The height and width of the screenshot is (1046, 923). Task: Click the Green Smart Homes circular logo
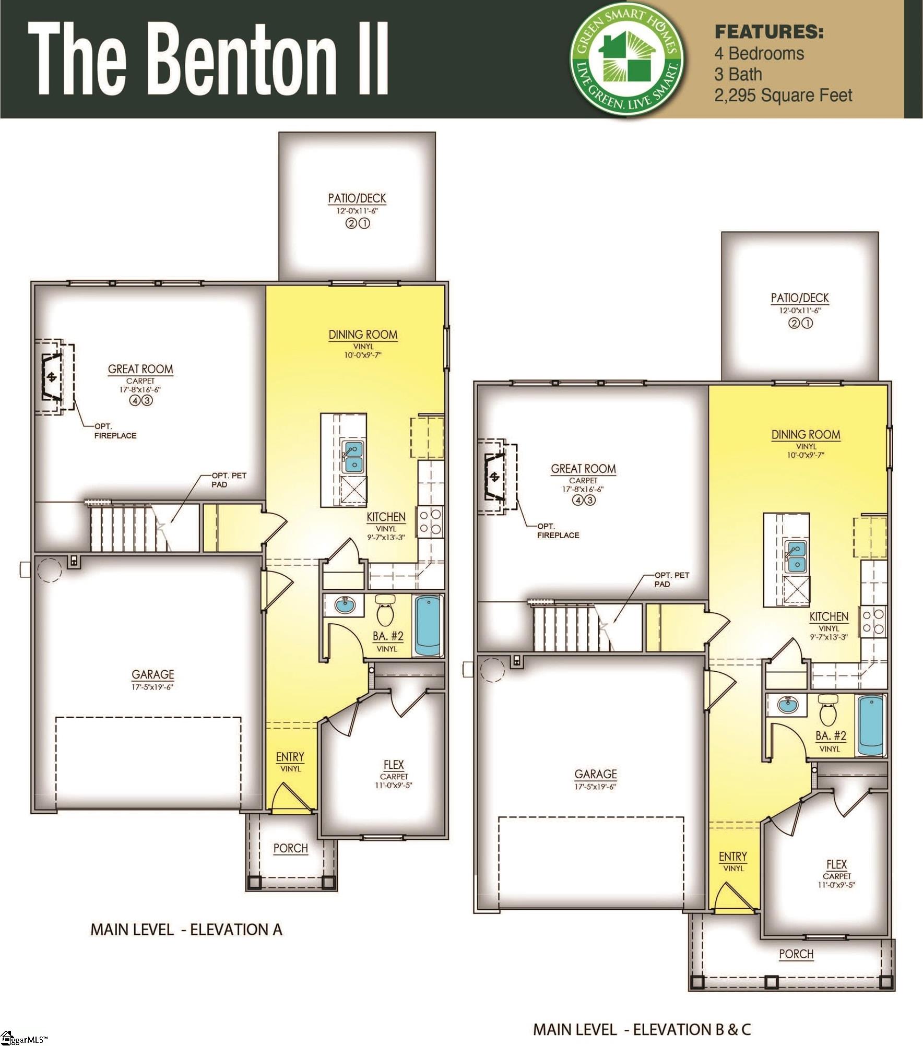pyautogui.click(x=627, y=59)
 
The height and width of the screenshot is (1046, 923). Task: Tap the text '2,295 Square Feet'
pyautogui.click(x=783, y=96)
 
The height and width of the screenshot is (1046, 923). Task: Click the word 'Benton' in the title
pyautogui.click(x=245, y=59)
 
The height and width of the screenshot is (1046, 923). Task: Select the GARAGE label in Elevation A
pyautogui.click(x=152, y=674)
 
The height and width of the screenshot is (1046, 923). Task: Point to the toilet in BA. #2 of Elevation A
pyautogui.click(x=386, y=611)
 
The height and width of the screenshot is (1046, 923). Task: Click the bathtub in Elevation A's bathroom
pyautogui.click(x=429, y=626)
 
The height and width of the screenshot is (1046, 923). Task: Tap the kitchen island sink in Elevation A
pyautogui.click(x=353, y=457)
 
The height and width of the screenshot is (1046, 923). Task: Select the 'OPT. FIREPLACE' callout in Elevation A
pyautogui.click(x=115, y=431)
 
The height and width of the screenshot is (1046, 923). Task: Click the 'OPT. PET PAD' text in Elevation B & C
pyautogui.click(x=671, y=579)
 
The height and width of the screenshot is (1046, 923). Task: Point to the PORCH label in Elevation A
pyautogui.click(x=291, y=848)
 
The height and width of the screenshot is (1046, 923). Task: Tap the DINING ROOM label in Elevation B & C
pyautogui.click(x=806, y=434)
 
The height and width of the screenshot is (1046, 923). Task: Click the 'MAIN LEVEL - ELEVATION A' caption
pyautogui.click(x=186, y=930)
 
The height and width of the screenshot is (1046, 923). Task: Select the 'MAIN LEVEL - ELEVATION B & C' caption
pyautogui.click(x=642, y=1029)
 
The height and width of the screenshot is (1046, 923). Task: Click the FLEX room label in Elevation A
pyautogui.click(x=394, y=765)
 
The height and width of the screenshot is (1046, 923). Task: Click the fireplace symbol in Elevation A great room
pyautogui.click(x=51, y=377)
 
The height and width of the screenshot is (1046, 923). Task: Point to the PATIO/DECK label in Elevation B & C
pyautogui.click(x=800, y=298)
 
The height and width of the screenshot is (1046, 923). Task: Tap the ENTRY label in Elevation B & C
pyautogui.click(x=733, y=857)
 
